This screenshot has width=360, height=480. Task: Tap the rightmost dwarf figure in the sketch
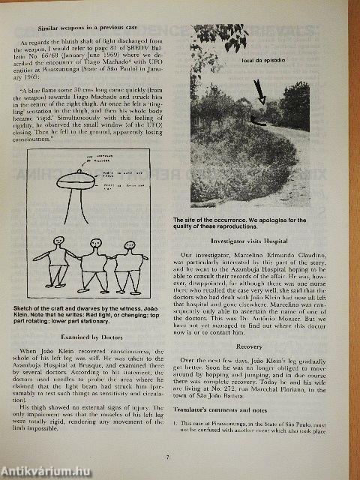130,266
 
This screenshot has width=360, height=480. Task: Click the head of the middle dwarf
95,244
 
